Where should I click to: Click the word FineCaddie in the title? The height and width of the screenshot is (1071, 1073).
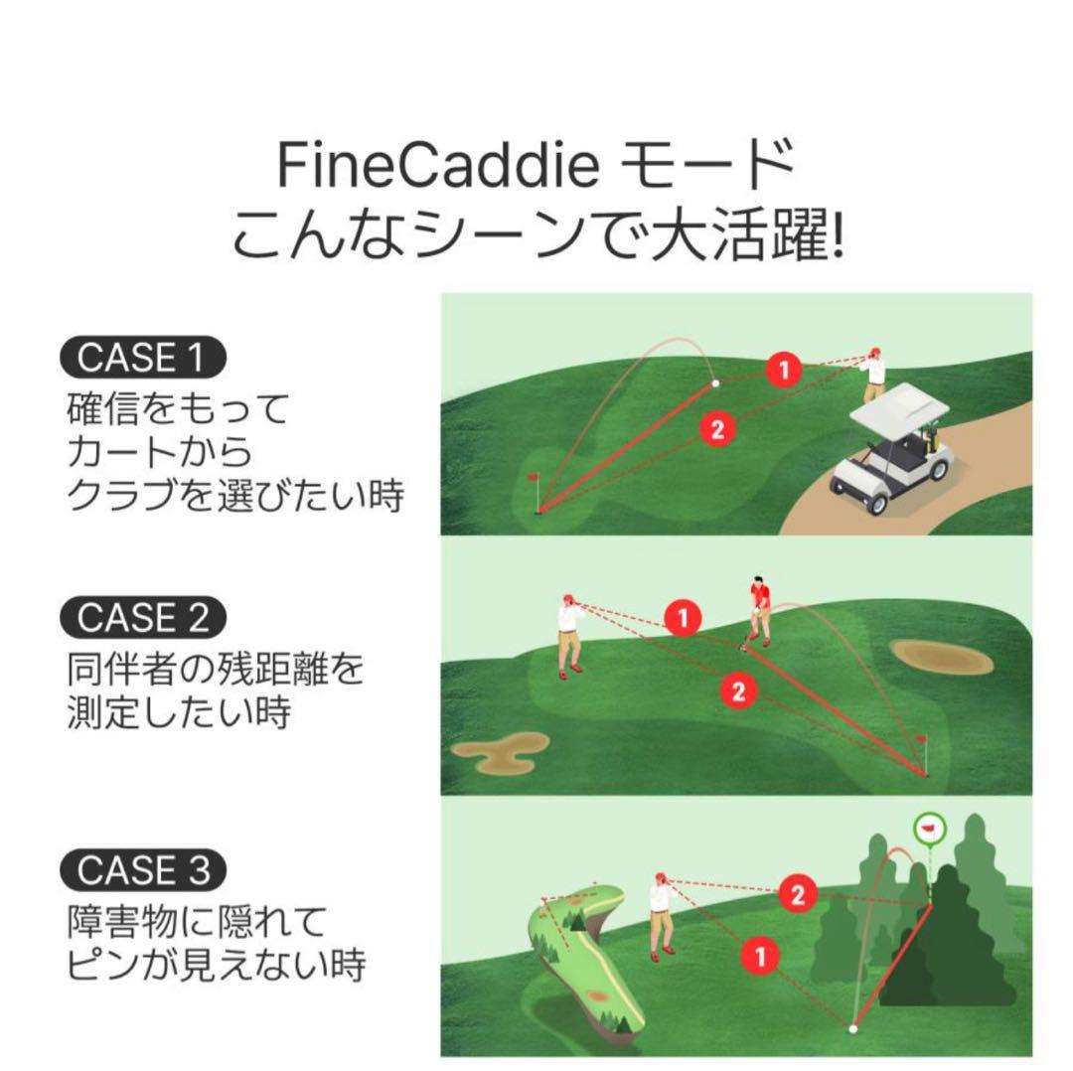pyautogui.click(x=437, y=166)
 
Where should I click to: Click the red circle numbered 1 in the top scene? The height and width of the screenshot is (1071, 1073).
pyautogui.click(x=784, y=371)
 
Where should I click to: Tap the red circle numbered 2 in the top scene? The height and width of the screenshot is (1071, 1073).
pyautogui.click(x=717, y=429)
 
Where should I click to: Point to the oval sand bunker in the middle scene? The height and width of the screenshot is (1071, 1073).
pyautogui.click(x=934, y=654)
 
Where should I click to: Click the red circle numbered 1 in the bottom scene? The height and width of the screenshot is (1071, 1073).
pyautogui.click(x=760, y=956)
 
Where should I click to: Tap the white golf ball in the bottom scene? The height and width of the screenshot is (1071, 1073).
pyautogui.click(x=852, y=1028)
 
